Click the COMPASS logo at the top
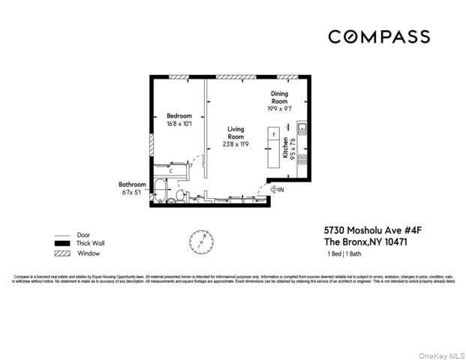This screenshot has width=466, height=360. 379,37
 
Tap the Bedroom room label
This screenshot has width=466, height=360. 179,115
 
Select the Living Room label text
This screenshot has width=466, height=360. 236,133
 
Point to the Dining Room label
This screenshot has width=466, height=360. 279,97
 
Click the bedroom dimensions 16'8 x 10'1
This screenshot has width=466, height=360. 179,124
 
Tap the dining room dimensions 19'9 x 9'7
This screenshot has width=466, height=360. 279,109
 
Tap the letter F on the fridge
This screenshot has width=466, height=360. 274,136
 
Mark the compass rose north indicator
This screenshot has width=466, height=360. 200,241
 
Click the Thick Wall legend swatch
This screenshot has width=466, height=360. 62,243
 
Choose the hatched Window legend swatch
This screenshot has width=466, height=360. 62,253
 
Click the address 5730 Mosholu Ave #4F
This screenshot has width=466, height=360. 365,231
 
